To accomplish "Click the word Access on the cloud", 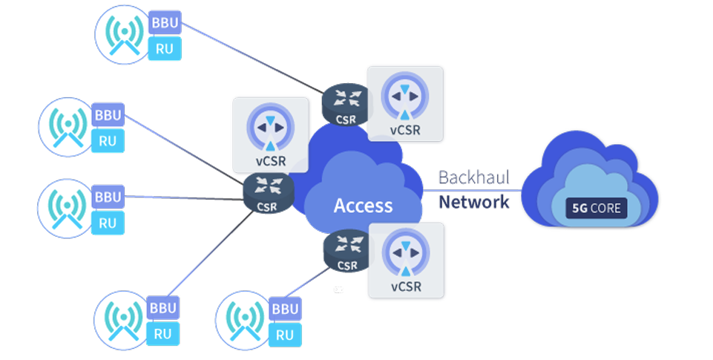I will (363, 206).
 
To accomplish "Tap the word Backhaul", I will (473, 178).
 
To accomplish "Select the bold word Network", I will (474, 201).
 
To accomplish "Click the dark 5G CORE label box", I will (597, 208).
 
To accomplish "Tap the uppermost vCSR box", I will (405, 104).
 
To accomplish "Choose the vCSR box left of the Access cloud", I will (270, 134).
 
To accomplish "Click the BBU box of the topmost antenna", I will (164, 24).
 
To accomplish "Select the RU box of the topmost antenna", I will (164, 49).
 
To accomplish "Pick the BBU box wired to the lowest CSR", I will (286, 309).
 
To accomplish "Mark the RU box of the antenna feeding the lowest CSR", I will (285, 334).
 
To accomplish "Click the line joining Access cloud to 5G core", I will (475, 190).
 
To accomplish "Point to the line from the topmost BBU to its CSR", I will (252, 59).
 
